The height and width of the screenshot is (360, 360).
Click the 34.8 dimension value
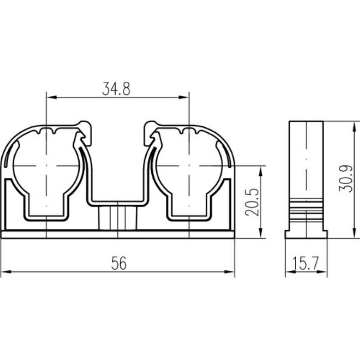(x=116, y=89)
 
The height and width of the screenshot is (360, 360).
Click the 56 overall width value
(x=119, y=263)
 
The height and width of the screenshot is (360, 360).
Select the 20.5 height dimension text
(x=252, y=202)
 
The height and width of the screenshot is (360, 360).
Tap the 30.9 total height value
(x=345, y=178)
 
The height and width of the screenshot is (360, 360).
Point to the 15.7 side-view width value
(x=306, y=263)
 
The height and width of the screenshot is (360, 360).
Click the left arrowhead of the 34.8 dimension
(x=51, y=97)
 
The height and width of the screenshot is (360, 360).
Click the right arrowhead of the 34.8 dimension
(x=184, y=97)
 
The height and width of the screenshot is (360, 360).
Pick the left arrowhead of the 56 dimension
(x=6, y=272)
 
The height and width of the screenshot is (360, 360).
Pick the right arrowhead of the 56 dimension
(x=229, y=272)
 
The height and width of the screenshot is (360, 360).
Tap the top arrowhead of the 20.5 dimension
(x=261, y=171)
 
